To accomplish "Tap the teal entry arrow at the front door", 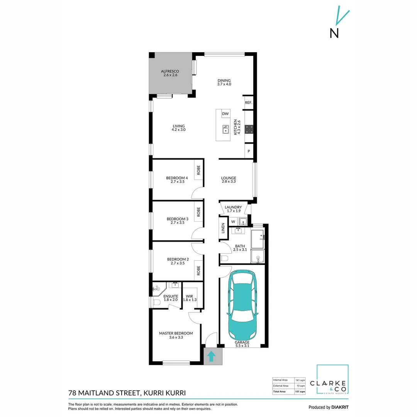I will [212, 356].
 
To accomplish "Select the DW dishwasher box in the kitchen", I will [225, 114].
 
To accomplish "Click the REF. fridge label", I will [248, 103].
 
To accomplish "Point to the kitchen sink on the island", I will [225, 130].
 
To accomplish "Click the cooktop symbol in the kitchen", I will [249, 129].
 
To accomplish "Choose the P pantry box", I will [249, 151].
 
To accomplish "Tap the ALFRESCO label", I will [169, 71].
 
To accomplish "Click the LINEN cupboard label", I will [223, 229].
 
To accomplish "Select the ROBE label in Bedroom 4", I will [198, 170].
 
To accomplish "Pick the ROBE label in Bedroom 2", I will [198, 270].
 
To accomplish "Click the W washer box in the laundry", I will [233, 222].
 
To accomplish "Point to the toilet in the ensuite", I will [156, 303].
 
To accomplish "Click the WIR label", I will [190, 296].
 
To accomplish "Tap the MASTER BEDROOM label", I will [176, 333].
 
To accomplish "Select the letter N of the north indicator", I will [334, 33].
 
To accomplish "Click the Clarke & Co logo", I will [332, 380].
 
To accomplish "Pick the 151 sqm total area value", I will [300, 392].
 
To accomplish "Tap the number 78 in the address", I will [72, 393].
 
